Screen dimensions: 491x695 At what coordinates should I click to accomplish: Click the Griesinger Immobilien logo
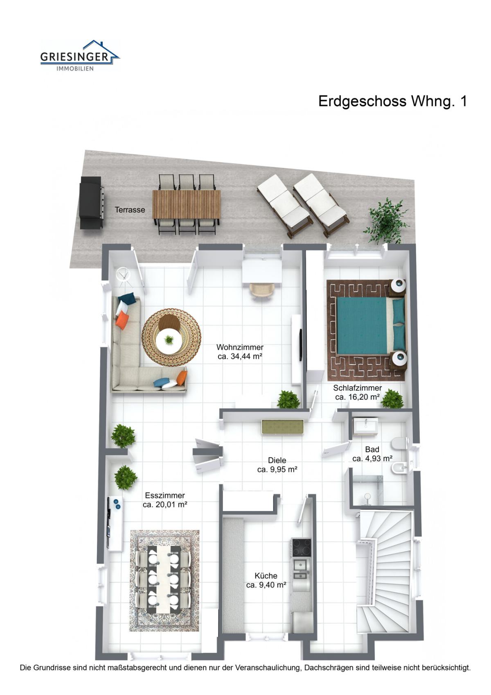[80, 55]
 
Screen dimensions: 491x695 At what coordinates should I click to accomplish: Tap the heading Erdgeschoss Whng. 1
[392, 102]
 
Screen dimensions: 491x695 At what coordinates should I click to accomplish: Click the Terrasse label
[130, 210]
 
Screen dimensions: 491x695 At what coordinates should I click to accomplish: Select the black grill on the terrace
[91, 203]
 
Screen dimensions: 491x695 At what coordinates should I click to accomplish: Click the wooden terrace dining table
[186, 204]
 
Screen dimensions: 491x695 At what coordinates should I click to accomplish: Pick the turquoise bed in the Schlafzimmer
[371, 326]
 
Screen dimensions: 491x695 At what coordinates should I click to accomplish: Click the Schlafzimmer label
[357, 388]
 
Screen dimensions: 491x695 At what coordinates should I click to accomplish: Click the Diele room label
[277, 460]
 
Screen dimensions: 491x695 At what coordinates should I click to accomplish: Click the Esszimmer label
[165, 496]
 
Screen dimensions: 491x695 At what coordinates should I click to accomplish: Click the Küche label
[266, 576]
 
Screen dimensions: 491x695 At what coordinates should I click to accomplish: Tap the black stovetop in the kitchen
[301, 547]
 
